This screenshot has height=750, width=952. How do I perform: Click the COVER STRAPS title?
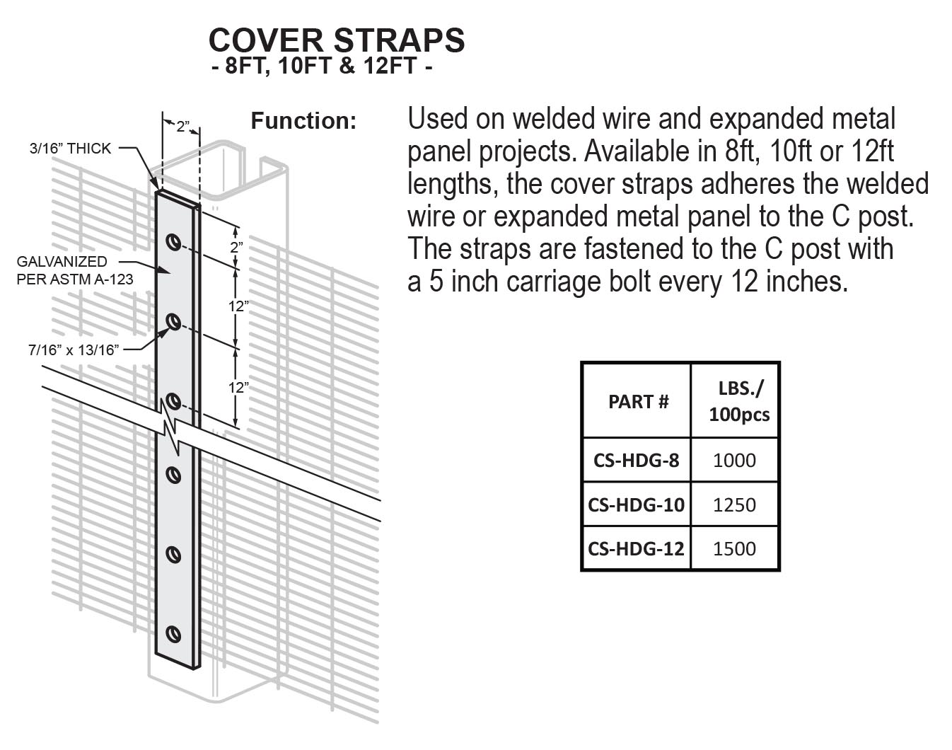point(337,40)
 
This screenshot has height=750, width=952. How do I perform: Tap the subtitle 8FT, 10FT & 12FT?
point(322,68)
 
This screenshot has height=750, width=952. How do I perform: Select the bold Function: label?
point(303,121)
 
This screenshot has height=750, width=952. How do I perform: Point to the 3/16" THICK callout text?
point(70,149)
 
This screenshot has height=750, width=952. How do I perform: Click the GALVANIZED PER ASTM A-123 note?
point(74,270)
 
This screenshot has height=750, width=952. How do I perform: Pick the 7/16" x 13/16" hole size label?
point(74,349)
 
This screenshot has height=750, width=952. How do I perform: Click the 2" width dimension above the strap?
point(182,127)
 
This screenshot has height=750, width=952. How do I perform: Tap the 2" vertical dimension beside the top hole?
point(236,247)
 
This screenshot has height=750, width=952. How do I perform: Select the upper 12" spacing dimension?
point(238,306)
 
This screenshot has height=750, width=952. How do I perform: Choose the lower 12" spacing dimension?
point(238,388)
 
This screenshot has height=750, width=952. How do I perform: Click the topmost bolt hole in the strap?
point(172,242)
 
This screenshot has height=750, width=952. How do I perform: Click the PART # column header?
point(638,402)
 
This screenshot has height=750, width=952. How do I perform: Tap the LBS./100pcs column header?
point(739,401)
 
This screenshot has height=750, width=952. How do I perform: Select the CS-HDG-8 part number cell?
point(636,461)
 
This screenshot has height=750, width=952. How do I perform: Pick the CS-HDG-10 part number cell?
point(636,504)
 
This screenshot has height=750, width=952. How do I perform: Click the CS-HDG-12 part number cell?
point(636,548)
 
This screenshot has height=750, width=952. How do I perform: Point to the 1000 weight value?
point(734,461)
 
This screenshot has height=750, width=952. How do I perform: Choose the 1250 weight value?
point(734,504)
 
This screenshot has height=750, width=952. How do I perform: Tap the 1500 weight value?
point(734,548)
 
